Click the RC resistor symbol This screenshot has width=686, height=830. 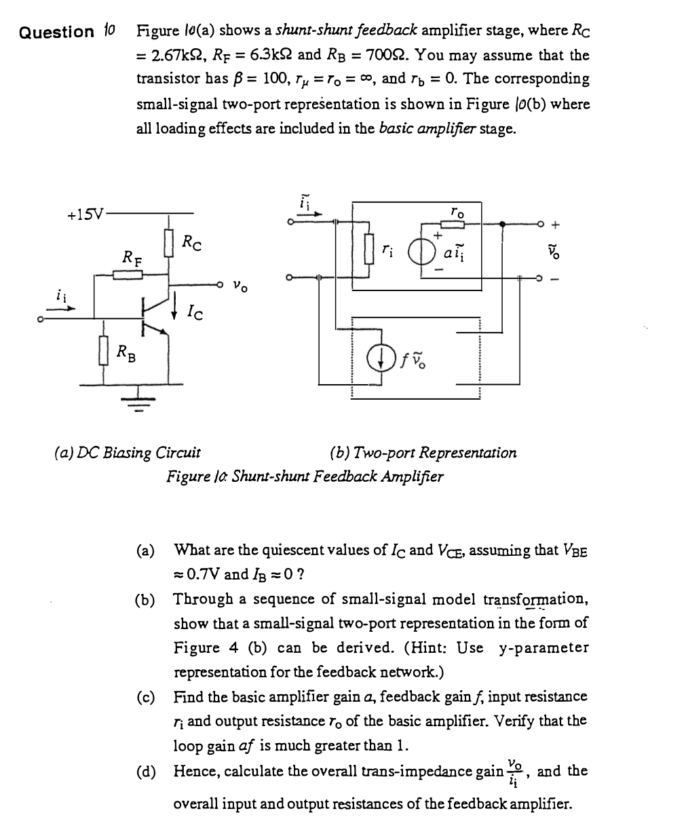169,242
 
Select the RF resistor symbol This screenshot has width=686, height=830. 127,274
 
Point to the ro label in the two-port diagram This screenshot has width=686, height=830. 458,212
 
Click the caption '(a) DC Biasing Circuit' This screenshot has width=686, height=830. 127,452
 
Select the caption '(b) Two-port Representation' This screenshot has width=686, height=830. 423,452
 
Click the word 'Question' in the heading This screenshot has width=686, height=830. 57,32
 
